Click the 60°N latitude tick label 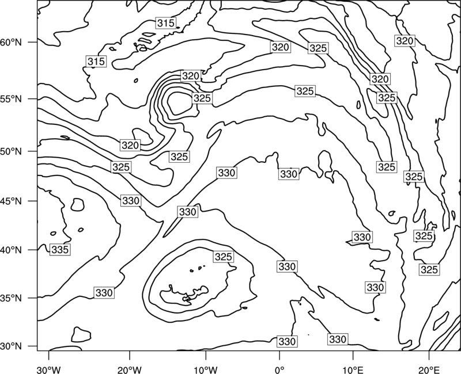[x=11, y=42]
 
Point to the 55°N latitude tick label [x=11, y=99]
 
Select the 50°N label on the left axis [x=11, y=151]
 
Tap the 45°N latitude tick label [x=11, y=201]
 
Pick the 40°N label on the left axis [x=11, y=250]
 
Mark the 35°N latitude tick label [x=11, y=298]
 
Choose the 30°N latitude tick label [x=11, y=346]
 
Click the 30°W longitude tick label [x=48, y=369]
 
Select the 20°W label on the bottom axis [x=129, y=369]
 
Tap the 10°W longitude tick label [x=206, y=369]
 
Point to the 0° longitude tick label [x=279, y=369]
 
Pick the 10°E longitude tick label [x=353, y=369]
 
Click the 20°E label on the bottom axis [x=429, y=369]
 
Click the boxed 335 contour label [x=60, y=250]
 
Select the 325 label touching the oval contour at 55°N [x=202, y=98]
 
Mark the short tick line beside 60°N [x=33, y=42]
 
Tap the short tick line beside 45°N [x=33, y=201]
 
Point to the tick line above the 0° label [x=279, y=355]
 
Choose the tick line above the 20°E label [x=429, y=355]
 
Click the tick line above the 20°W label [x=129, y=355]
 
